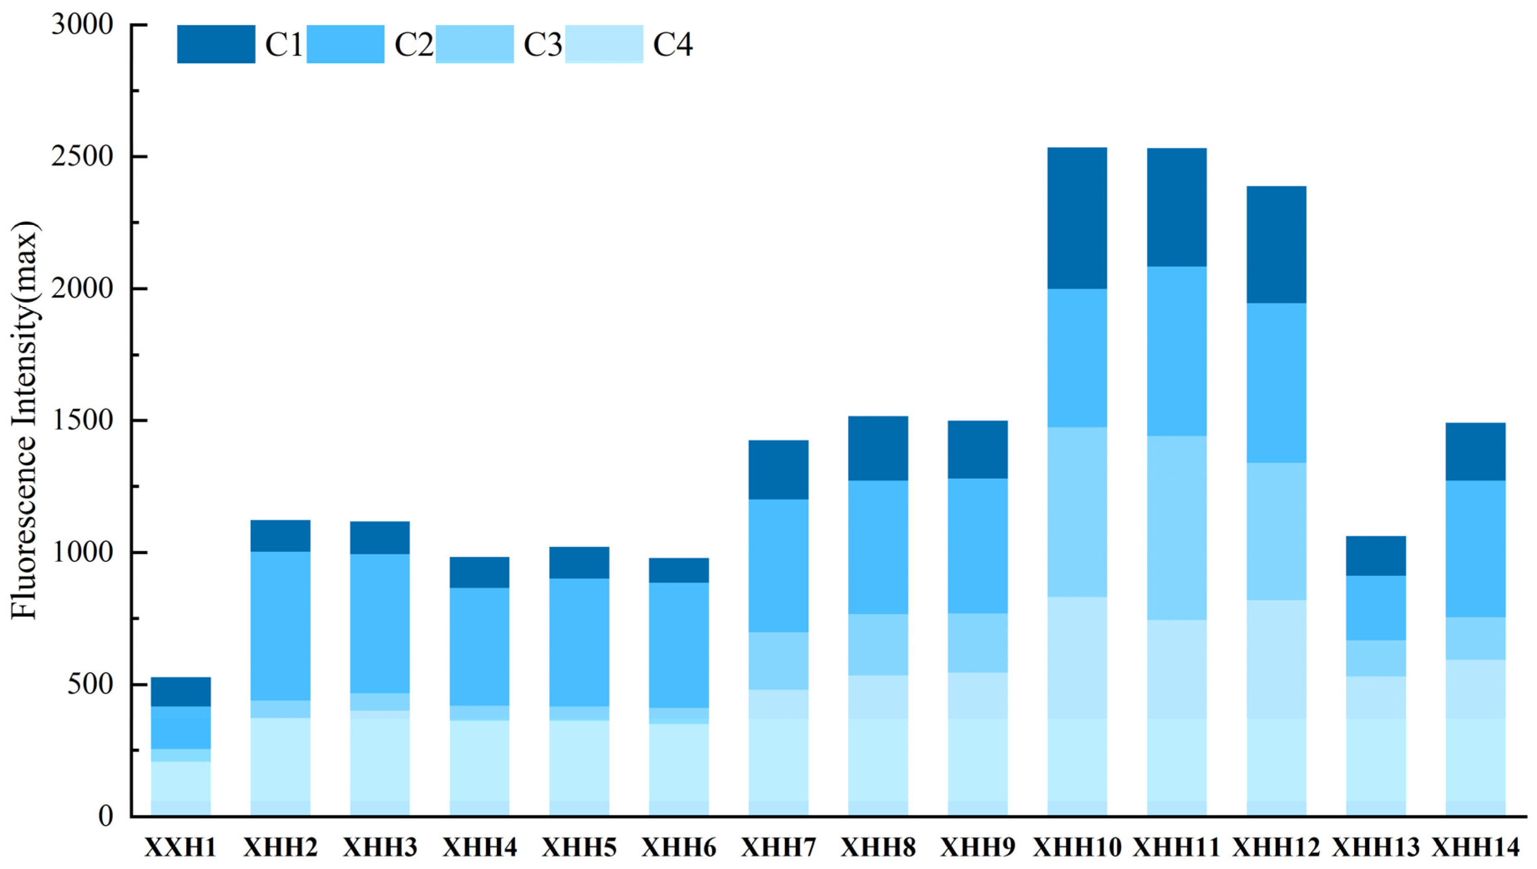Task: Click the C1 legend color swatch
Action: click(216, 44)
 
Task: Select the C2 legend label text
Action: click(414, 44)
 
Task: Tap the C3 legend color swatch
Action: click(475, 44)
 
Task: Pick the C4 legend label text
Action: click(672, 44)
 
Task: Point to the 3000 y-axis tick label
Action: click(82, 25)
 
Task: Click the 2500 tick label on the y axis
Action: click(82, 157)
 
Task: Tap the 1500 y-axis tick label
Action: click(82, 421)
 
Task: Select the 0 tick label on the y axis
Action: click(106, 816)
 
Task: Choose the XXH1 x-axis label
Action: click(181, 848)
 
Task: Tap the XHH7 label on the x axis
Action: click(779, 848)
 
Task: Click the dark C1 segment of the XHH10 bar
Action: click(1078, 218)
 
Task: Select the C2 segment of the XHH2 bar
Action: click(280, 626)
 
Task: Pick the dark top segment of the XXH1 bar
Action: click(181, 692)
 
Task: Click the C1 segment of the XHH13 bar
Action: click(1376, 556)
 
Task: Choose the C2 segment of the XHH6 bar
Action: click(679, 645)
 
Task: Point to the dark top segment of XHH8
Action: click(878, 448)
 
